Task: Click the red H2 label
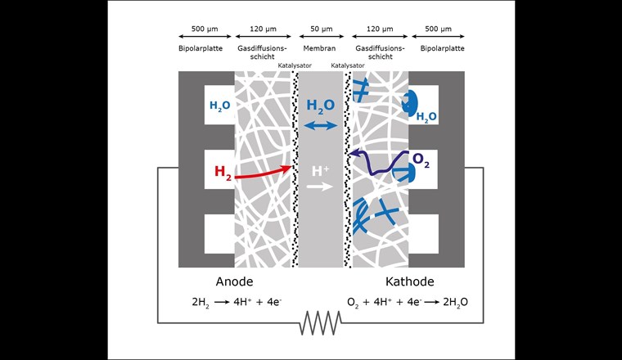tap(223, 172)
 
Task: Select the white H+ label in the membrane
tap(321, 171)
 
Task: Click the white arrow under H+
tap(321, 187)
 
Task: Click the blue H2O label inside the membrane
tap(321, 106)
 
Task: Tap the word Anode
tap(235, 282)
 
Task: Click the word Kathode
tap(410, 282)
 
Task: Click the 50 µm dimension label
tap(321, 28)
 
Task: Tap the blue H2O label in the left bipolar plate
tap(219, 106)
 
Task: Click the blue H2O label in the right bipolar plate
tap(426, 117)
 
